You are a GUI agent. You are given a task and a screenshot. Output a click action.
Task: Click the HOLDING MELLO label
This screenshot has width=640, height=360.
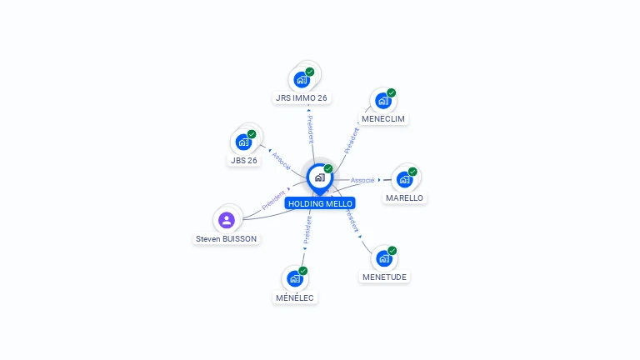coord(320,203)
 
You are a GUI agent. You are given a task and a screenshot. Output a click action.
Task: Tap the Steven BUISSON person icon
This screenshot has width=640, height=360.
coord(227,220)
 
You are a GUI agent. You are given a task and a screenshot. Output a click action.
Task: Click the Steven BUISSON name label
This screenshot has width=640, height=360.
coord(226,239)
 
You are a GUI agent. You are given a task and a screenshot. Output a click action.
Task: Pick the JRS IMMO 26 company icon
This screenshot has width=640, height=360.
coord(302,80)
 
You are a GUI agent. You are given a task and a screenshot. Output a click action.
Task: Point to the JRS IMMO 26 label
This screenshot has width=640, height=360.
coord(301,98)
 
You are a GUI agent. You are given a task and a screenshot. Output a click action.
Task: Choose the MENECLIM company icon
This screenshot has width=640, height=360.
coord(383,101)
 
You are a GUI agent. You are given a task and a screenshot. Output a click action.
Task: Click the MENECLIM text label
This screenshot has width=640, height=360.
coord(383,119)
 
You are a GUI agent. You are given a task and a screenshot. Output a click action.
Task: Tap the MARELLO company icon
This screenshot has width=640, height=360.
coord(404,180)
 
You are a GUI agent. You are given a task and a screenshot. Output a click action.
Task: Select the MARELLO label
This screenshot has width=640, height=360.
coord(404,198)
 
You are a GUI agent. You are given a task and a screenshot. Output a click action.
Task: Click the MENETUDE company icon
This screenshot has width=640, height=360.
coord(384,259)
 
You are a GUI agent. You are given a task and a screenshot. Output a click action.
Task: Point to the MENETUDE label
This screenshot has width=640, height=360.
coord(384,277)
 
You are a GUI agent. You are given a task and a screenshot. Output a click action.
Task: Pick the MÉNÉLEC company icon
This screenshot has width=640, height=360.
coord(295,279)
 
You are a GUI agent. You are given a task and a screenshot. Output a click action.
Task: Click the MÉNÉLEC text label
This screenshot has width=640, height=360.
coord(295,298)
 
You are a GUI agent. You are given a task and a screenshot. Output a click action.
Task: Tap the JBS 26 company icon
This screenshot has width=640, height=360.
coord(243,142)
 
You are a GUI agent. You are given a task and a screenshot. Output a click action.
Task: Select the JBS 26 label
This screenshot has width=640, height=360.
coord(243,160)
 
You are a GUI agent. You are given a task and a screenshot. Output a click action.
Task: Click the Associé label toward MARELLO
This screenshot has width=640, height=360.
coord(362,180)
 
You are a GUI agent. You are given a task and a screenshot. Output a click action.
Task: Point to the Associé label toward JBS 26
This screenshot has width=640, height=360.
coord(281,161)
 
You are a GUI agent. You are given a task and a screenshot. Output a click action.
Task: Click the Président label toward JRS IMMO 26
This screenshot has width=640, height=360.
coord(311,129)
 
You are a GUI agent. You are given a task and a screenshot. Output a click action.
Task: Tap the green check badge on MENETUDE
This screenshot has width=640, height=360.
coord(392,251)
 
